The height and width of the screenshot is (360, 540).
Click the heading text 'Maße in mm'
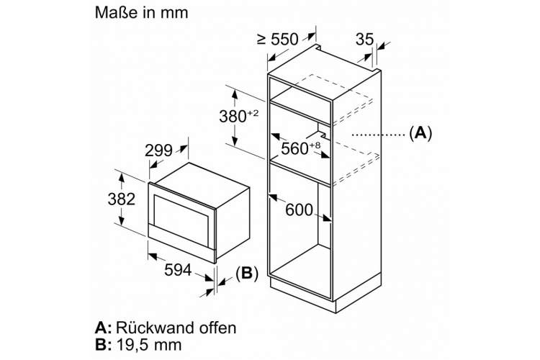click(142, 13)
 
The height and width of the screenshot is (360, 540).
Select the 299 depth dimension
click(158, 150)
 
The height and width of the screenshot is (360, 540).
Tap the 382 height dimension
click(121, 199)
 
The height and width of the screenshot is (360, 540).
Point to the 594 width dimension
click(178, 270)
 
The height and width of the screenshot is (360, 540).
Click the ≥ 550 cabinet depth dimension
click(278, 39)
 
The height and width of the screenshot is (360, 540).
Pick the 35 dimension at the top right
click(364, 39)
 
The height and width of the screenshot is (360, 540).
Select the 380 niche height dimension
click(233, 117)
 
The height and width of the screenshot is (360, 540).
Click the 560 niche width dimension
click(294, 148)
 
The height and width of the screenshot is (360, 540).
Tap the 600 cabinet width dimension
click(299, 210)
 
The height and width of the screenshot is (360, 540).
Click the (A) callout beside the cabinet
click(420, 132)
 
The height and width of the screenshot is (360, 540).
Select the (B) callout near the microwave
click(247, 273)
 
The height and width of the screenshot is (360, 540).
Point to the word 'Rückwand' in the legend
click(150, 328)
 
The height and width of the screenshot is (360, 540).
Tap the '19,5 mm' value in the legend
click(149, 344)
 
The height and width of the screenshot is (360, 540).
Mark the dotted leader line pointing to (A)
click(378, 135)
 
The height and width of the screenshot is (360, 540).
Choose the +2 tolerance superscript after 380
click(253, 112)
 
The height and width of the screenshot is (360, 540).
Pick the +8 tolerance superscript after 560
click(315, 145)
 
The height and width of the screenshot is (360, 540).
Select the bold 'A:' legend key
click(103, 328)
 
